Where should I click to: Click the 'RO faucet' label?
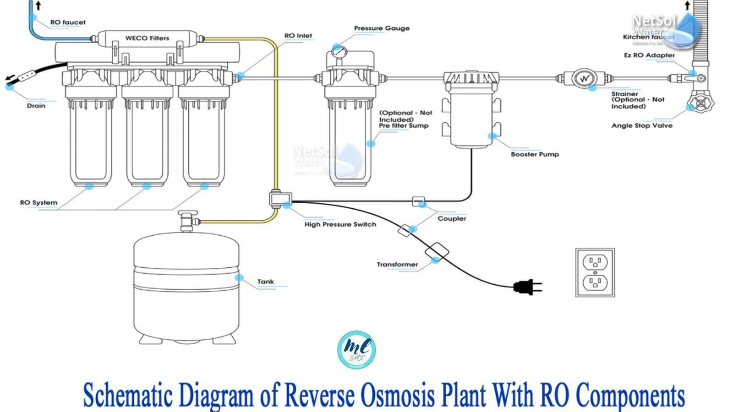pos(68,22)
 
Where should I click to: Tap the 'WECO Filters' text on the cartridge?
pos(147,38)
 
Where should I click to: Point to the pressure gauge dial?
pos(339,52)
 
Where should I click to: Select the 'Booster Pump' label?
pos(535,154)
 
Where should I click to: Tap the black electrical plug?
pos(526,287)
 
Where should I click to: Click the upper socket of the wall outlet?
pos(595,262)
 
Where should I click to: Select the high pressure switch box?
pos(280,199)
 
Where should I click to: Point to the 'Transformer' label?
pos(397,264)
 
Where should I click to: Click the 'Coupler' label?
pos(452,218)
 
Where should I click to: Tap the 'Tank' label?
pos(266,282)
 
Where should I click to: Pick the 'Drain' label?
pos(36,106)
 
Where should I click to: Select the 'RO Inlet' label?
pos(298,36)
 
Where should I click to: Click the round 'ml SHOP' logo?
pos(356,350)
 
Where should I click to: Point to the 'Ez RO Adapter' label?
pos(649,55)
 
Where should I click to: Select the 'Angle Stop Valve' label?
pos(642,125)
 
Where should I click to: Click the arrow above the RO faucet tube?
pos(38,5)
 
